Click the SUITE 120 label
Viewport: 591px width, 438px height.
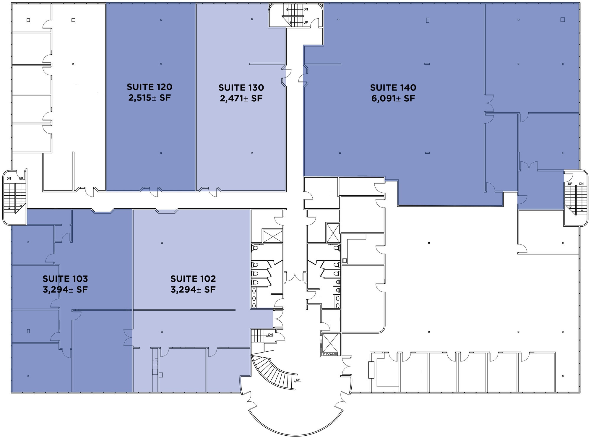pyautogui.click(x=150, y=87)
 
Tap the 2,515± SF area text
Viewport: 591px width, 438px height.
pyautogui.click(x=150, y=98)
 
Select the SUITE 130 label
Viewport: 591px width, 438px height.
pyautogui.click(x=241, y=87)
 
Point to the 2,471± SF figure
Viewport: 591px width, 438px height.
pyautogui.click(x=241, y=98)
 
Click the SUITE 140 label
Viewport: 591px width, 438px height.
pyautogui.click(x=393, y=87)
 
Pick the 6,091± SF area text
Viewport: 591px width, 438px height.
pyautogui.click(x=393, y=98)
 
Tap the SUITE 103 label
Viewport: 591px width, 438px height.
pyautogui.click(x=65, y=279)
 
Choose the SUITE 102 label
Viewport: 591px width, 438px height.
pyautogui.click(x=193, y=279)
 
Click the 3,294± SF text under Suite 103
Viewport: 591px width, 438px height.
pyautogui.click(x=65, y=290)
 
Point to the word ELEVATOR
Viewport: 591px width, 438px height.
pyautogui.click(x=330, y=354)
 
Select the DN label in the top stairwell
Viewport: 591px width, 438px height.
pyautogui.click(x=306, y=9)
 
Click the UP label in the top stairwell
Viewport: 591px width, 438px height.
pyautogui.click(x=306, y=22)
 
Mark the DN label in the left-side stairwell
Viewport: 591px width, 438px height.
pyautogui.click(x=9, y=179)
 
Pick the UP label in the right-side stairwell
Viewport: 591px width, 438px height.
pyautogui.click(x=570, y=184)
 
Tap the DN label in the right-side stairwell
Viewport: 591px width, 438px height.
pyautogui.click(x=581, y=184)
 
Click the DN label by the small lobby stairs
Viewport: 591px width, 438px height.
pyautogui.click(x=270, y=335)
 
